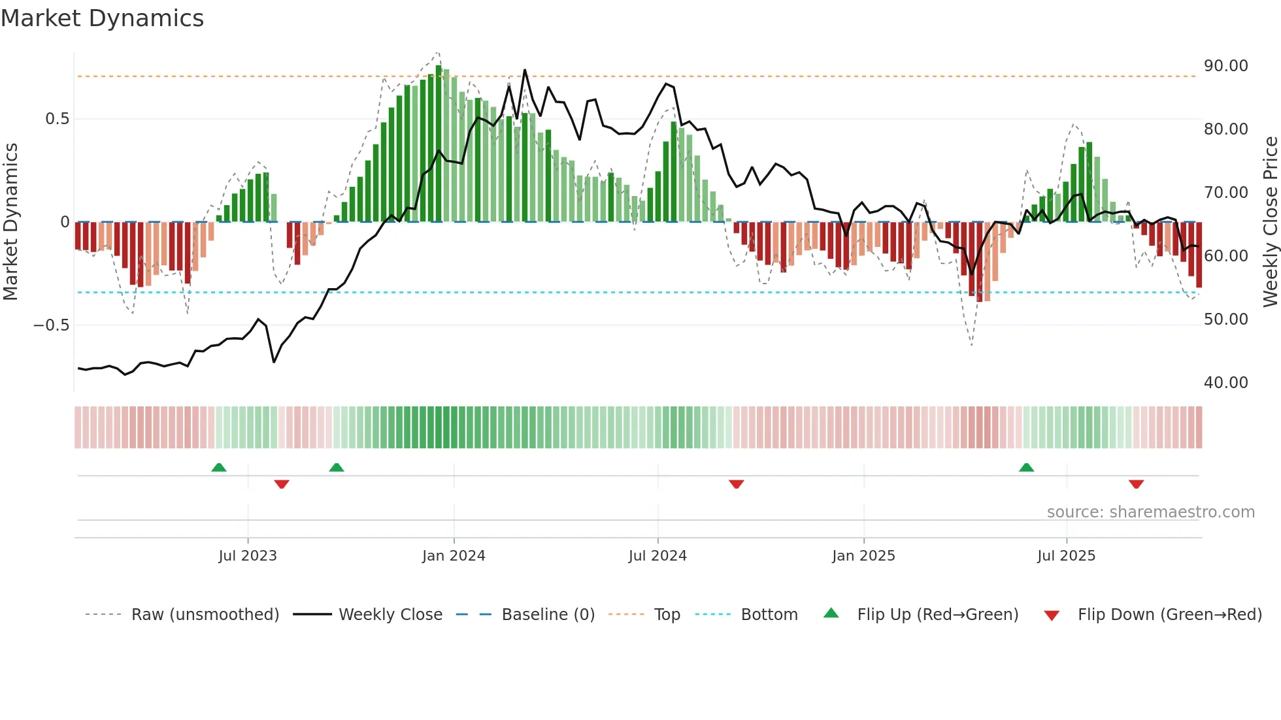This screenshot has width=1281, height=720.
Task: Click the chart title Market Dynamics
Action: (103, 18)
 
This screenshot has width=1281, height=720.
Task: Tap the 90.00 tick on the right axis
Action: (1225, 66)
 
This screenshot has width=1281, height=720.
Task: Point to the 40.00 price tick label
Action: (1225, 383)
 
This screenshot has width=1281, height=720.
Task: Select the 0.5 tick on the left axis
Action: (57, 119)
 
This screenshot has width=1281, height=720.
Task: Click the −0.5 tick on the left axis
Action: (52, 325)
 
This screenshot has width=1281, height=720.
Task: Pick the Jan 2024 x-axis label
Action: (454, 556)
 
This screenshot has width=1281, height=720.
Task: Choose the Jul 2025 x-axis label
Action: (1066, 556)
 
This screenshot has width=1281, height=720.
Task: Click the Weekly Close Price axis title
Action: (1270, 222)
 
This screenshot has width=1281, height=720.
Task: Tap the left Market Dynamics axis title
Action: (11, 222)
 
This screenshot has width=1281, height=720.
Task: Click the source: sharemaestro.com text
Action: (1150, 512)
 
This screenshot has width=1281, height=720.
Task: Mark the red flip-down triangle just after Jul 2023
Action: (282, 484)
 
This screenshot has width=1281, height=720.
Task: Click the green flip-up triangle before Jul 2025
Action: (1026, 467)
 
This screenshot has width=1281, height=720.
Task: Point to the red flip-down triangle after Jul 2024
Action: (736, 484)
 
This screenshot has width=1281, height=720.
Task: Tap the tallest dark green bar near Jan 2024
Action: (439, 144)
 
